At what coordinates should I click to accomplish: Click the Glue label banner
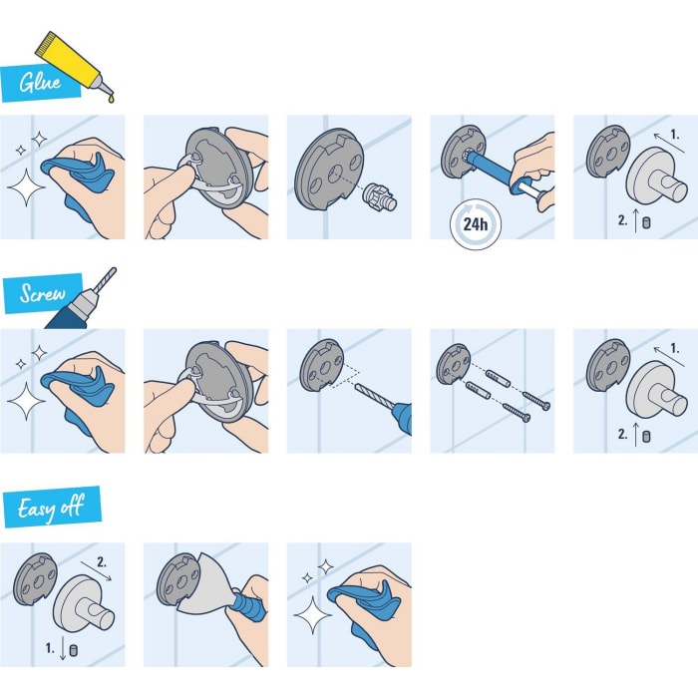[33, 82]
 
